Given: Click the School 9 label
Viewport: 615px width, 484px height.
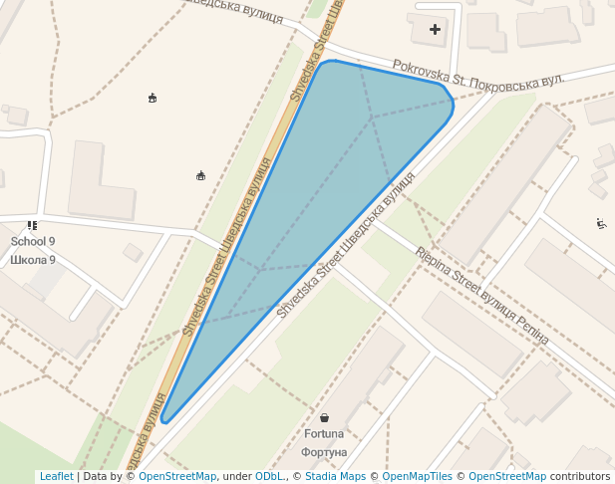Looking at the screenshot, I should [33, 242].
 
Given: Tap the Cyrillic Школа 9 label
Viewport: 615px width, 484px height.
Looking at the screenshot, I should [33, 260].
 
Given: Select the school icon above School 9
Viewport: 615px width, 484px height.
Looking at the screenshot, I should [33, 226].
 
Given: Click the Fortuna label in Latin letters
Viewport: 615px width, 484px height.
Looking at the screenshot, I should [324, 434].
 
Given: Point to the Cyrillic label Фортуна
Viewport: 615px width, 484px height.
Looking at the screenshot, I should [324, 452].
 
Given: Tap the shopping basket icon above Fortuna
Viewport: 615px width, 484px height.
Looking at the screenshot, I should [325, 418].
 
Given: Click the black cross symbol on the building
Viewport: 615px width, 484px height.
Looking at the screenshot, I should [435, 30].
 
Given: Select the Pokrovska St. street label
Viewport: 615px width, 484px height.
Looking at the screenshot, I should [430, 71].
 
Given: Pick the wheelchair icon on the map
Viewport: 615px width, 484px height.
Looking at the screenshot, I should [601, 223].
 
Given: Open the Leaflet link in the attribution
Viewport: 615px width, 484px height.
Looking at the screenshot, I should [56, 477].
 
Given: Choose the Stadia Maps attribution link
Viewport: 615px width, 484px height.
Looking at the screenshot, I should [335, 477].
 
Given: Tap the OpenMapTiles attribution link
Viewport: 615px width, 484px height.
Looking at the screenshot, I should [418, 477].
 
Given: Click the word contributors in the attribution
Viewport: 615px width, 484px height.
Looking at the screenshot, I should [579, 477].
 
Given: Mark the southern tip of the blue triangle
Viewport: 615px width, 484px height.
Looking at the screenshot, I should [164, 418].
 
